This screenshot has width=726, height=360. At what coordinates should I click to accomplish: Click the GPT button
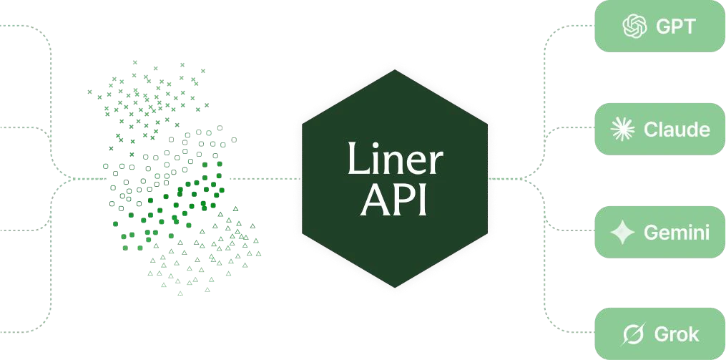tap(659, 26)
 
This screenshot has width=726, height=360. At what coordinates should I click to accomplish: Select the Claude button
tap(659, 129)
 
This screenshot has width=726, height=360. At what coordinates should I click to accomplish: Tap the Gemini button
tap(659, 232)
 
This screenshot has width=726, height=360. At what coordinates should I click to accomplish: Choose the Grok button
tap(659, 334)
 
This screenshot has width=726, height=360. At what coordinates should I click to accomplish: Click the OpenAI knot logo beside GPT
tap(634, 26)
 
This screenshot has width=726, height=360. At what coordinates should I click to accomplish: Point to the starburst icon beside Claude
tap(622, 129)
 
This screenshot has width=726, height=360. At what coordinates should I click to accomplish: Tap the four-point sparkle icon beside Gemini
tap(622, 232)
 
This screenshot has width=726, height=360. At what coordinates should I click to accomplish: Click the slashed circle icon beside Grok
tap(633, 334)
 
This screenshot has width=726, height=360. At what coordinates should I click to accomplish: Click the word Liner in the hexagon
tap(395, 158)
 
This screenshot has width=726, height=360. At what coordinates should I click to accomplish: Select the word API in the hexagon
tap(393, 200)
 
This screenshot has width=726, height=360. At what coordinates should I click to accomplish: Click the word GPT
tap(675, 26)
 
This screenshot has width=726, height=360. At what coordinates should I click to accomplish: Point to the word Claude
tap(677, 130)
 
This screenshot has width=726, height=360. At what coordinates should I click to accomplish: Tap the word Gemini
tap(677, 232)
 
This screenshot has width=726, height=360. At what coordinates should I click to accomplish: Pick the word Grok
tap(677, 334)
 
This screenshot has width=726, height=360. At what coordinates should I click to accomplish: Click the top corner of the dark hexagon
tap(395, 70)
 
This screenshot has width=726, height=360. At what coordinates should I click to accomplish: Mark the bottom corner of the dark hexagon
tap(395, 287)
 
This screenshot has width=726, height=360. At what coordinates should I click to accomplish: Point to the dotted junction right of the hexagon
tap(523, 178)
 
